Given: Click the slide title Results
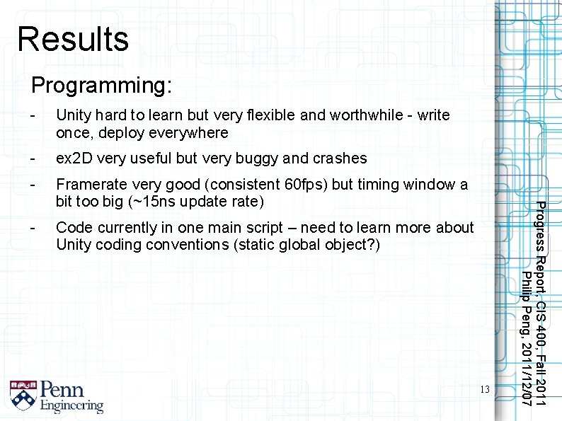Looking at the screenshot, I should tap(73, 40).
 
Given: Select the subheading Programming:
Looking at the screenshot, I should tap(101, 86).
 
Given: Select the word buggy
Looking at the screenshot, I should tap(254, 158).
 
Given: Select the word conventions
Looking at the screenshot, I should tap(213, 246).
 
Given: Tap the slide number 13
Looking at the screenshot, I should tap(484, 390).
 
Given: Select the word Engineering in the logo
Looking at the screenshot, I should tap(71, 406).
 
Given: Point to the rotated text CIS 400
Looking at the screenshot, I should tap(540, 323).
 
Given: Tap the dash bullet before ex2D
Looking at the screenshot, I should tap(31, 158).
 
